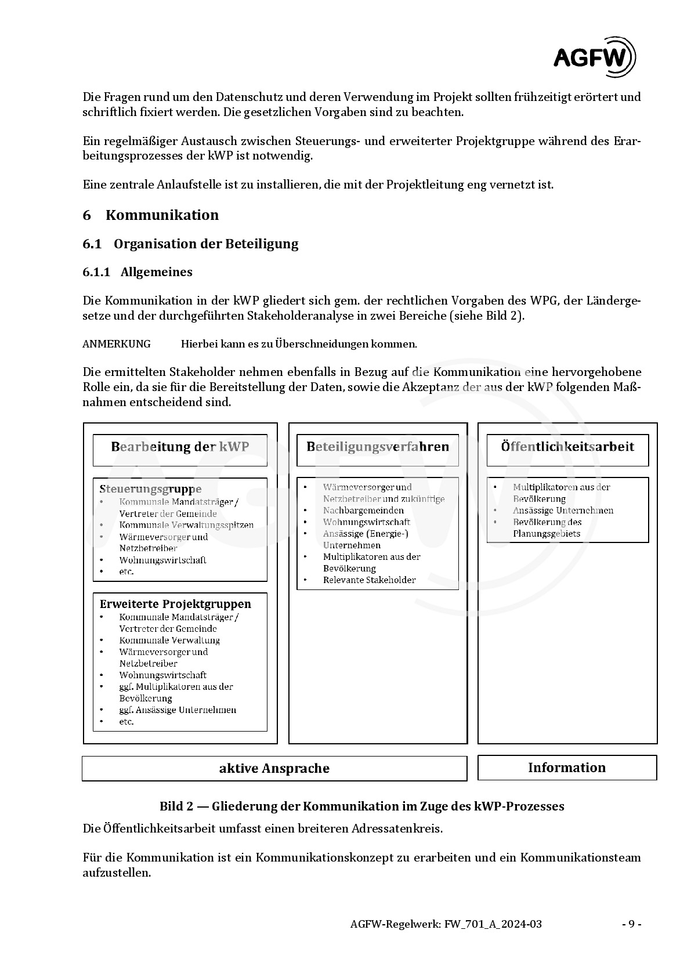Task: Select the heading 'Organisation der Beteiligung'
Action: [206, 244]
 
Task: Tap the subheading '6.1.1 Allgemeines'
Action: [138, 272]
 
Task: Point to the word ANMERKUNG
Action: [116, 344]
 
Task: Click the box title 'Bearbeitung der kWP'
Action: [180, 447]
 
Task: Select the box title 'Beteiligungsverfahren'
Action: [378, 447]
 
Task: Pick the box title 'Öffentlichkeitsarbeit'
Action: [567, 447]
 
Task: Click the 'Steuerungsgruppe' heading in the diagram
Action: [150, 489]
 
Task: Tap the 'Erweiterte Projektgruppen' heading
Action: [175, 604]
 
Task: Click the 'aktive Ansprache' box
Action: [274, 768]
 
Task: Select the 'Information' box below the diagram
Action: [567, 768]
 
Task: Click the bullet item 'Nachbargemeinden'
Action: [363, 511]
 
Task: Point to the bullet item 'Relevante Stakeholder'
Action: [369, 580]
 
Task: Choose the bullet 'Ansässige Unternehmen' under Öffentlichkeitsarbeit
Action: [563, 511]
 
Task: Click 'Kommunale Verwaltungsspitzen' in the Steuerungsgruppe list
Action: [186, 525]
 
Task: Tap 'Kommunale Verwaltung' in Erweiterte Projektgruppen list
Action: [169, 641]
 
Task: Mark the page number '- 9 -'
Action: [631, 924]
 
